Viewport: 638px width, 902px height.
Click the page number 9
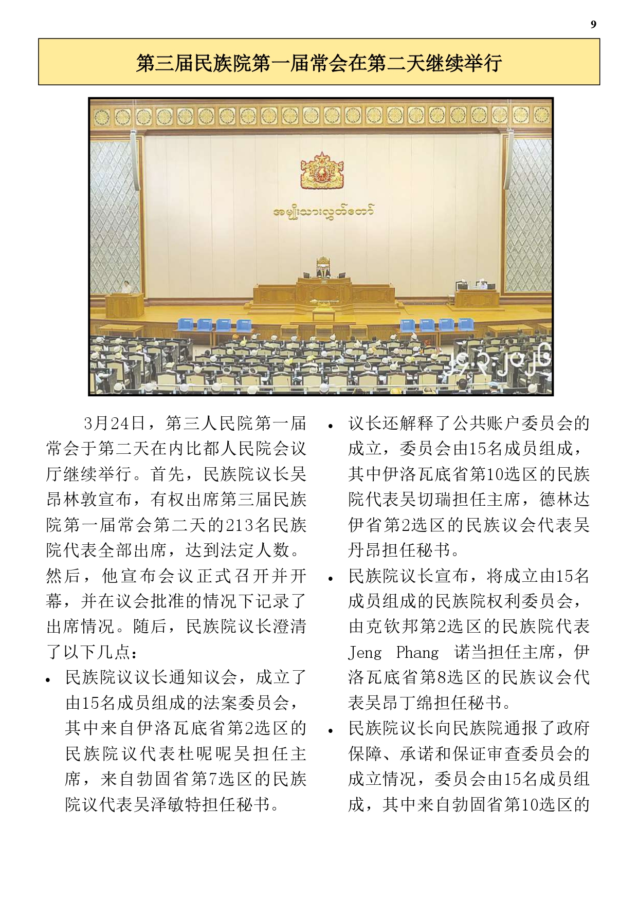pyautogui.click(x=593, y=24)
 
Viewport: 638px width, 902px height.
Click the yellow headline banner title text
pyautogui.click(x=319, y=63)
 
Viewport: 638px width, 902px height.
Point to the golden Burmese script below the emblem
pyautogui.click(x=322, y=211)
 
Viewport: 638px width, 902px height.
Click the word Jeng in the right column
pyautogui.click(x=365, y=652)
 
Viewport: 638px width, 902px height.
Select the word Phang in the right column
pyautogui.click(x=417, y=652)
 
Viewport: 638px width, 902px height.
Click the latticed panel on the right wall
pyautogui.click(x=527, y=216)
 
